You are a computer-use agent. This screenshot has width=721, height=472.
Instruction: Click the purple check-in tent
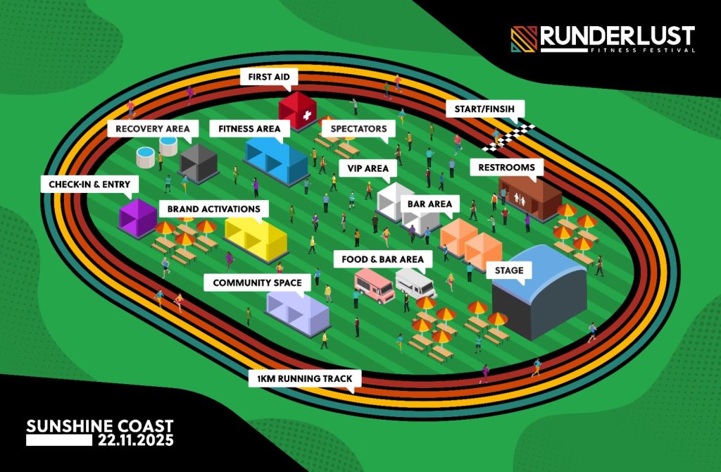coord(137,217)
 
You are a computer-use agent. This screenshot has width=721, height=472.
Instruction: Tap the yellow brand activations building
coord(256,235)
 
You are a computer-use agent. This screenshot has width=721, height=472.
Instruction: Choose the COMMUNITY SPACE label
coord(257,283)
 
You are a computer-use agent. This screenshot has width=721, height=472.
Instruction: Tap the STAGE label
coord(508,271)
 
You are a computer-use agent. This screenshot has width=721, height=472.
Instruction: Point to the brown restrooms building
coord(529,197)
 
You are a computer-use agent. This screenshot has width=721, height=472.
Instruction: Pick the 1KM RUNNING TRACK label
coord(305,379)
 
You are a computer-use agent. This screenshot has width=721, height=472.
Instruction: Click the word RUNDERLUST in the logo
coord(617,36)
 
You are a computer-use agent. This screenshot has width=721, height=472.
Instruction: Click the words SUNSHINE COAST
coord(99,426)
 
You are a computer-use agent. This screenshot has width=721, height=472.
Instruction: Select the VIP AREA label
coord(368,169)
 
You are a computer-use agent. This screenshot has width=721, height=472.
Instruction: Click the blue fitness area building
coord(277,158)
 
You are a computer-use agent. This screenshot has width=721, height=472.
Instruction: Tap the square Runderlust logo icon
coord(524,39)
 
